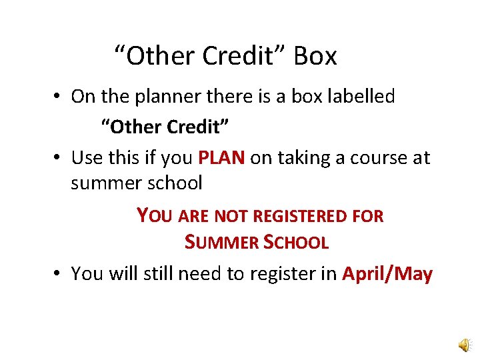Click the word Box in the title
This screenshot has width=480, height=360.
click(x=315, y=57)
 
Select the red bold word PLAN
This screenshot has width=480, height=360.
click(x=223, y=158)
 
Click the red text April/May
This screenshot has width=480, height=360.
click(x=387, y=274)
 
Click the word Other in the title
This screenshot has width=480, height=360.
click(x=154, y=57)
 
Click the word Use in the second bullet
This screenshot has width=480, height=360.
click(x=86, y=159)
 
